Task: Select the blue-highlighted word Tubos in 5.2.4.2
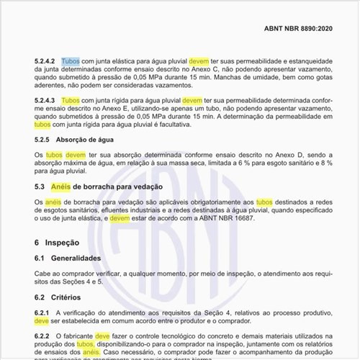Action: click(71, 63)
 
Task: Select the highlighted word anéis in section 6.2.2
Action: click(91, 353)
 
